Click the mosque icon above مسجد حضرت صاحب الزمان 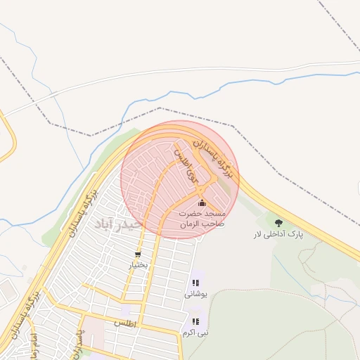202,202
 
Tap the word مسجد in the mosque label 214,212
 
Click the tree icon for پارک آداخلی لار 279,223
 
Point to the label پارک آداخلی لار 278,234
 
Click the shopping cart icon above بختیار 138,255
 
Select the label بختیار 138,265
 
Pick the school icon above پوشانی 195,283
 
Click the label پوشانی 195,294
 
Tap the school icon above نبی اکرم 195,321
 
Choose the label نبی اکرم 195,331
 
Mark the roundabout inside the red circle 202,190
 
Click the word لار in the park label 258,234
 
